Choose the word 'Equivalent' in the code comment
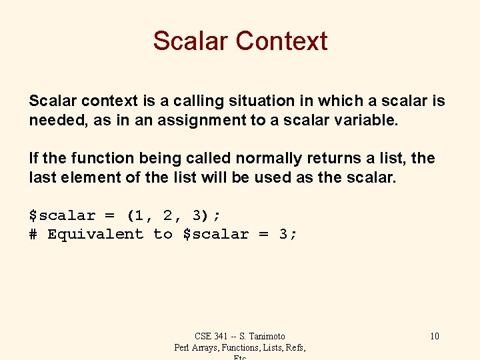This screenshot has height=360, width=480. pyautogui.click(x=95, y=234)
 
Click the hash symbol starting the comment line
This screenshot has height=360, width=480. pyautogui.click(x=33, y=234)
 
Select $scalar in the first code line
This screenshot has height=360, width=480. pyautogui.click(x=61, y=215)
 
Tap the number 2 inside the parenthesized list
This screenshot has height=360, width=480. pyautogui.click(x=167, y=215)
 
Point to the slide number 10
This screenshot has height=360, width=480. pyautogui.click(x=434, y=336)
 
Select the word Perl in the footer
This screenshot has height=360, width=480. pyautogui.click(x=183, y=347)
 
